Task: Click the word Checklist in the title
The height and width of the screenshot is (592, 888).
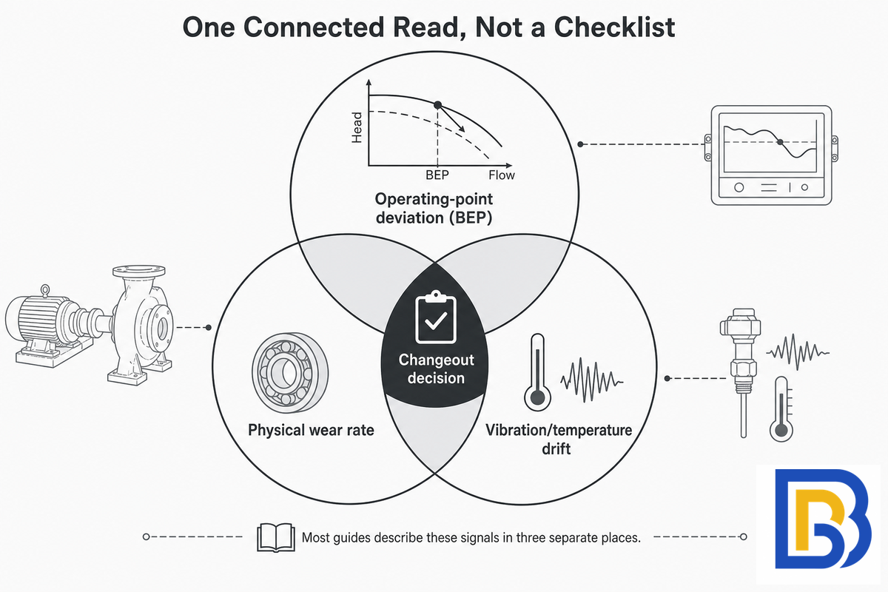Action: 614,27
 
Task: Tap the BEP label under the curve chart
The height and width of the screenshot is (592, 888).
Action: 437,175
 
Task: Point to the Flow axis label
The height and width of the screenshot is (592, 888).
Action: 502,175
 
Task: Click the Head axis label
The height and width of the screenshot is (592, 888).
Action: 357,127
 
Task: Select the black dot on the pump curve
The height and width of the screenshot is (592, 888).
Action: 437,105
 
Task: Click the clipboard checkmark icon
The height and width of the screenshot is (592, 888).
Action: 436,317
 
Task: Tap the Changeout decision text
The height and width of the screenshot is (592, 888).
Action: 436,369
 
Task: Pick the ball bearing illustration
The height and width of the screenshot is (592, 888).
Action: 290,373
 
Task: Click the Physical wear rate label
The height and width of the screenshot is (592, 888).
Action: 312,430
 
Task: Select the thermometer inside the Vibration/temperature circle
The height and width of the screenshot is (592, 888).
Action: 537,372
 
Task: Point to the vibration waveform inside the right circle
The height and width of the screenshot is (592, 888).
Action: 591,380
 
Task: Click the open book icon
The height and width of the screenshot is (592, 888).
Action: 276,537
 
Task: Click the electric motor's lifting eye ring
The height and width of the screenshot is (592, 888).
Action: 45,290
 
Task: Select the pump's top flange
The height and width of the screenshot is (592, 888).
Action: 139,272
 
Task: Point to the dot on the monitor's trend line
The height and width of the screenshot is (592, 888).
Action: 780,142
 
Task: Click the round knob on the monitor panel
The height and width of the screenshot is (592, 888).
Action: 739,187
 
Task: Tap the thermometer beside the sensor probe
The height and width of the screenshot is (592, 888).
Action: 781,409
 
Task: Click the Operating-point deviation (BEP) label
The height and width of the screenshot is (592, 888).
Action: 434,208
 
